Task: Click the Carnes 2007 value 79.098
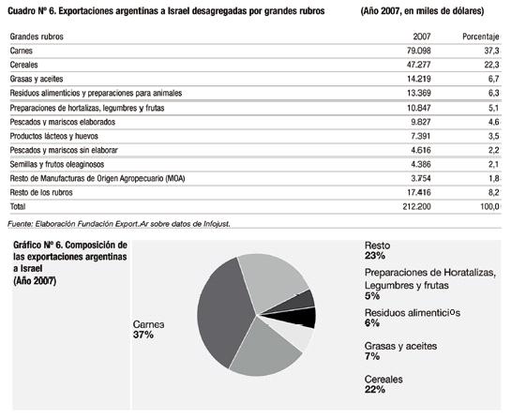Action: [x=418, y=51]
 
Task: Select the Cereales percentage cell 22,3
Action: [x=491, y=65]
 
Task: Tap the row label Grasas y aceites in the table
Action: [x=37, y=79]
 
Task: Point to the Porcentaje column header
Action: [x=481, y=37]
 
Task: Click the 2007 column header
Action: [x=422, y=37]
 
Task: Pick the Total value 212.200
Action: [x=416, y=206]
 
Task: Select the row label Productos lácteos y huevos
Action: [x=53, y=136]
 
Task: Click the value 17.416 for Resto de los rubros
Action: [x=419, y=192]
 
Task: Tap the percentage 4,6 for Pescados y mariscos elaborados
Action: [x=494, y=122]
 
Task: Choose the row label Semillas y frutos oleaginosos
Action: [x=57, y=165]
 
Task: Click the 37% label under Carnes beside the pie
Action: [x=143, y=335]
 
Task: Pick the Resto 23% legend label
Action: [x=377, y=250]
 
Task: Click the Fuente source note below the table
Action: [x=119, y=224]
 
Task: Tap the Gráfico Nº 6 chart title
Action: [x=70, y=263]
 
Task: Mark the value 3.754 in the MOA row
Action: [x=421, y=178]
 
